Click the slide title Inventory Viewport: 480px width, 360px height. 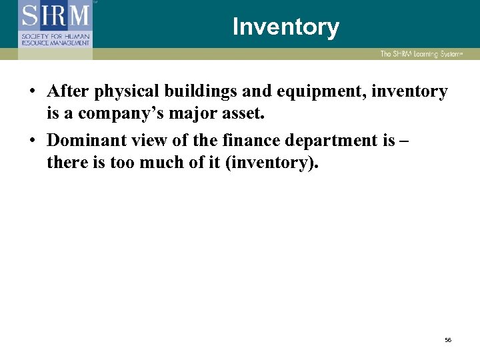coord(285,27)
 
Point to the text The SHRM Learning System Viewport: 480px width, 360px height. coord(420,54)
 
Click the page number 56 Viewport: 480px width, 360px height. coord(448,340)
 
